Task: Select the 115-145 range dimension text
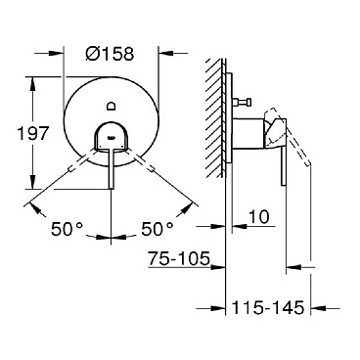[269, 306]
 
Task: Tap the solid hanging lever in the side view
[277, 171]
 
